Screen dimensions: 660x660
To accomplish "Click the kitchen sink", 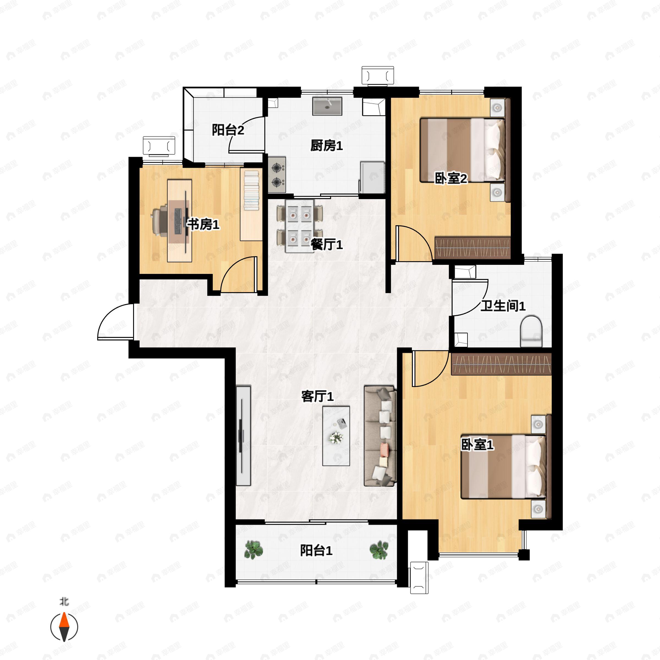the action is (327, 106).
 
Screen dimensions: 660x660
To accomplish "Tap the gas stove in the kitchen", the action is (277, 175).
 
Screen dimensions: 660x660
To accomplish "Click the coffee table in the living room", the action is (336, 436).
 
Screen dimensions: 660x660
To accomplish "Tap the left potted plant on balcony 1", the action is (254, 550).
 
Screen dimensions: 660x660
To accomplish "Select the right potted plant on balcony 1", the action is (379, 550).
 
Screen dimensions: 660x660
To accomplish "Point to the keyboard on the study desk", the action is (178, 221).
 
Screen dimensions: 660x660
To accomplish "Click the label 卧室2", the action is (451, 178).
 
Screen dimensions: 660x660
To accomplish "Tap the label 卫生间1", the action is (503, 306).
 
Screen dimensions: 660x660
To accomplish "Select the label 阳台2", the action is (228, 130).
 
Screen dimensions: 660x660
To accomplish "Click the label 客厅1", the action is (317, 396).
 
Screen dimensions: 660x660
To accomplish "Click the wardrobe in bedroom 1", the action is (501, 364).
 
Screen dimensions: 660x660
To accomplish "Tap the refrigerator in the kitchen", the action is (372, 178).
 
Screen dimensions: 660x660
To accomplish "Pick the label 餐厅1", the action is (327, 244).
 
